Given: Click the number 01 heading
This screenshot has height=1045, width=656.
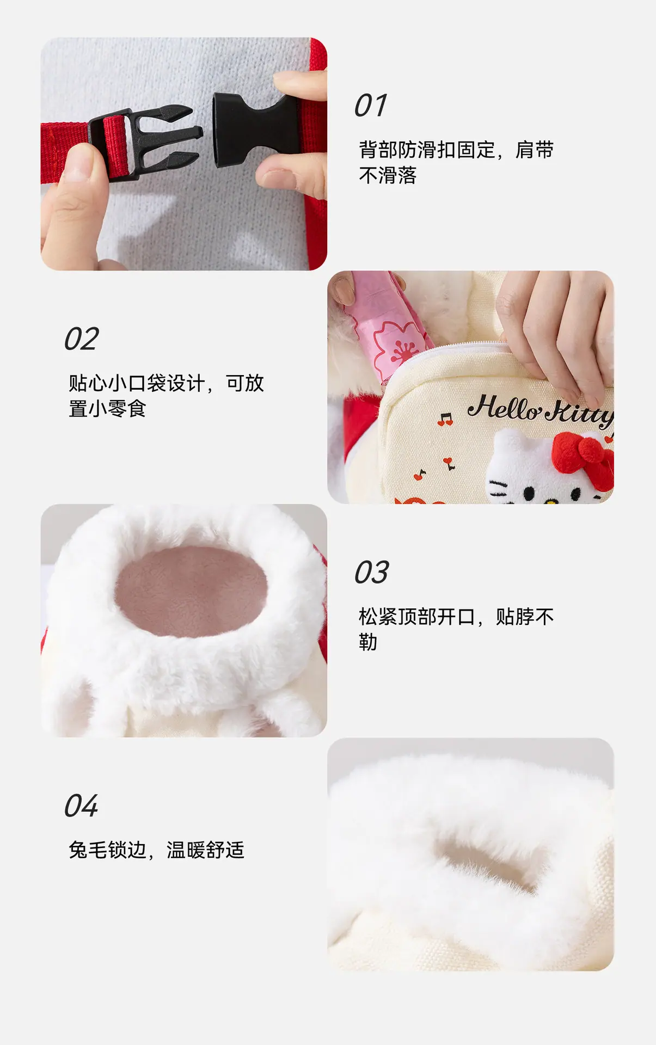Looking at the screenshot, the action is [x=371, y=106].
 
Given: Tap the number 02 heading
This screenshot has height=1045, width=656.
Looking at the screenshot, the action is [x=82, y=339].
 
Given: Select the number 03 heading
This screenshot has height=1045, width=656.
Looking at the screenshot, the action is [x=372, y=573].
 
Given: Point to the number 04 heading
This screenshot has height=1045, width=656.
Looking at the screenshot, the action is [x=81, y=806].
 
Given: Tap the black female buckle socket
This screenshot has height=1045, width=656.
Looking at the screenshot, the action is [x=250, y=129].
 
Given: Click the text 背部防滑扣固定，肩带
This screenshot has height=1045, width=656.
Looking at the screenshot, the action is [x=456, y=150].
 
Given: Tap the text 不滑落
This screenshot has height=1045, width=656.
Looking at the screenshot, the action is [x=388, y=175].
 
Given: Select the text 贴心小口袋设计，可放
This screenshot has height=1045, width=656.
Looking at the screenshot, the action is [x=166, y=383].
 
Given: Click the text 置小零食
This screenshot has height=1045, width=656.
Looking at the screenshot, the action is [x=107, y=408].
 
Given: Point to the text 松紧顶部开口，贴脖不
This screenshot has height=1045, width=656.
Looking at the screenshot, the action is [x=456, y=617].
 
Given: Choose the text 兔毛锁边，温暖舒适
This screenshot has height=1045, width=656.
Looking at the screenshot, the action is [x=156, y=850].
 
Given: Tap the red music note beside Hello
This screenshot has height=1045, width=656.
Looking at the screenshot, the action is [x=445, y=419].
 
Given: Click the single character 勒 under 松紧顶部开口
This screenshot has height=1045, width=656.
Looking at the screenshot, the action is [x=368, y=642].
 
